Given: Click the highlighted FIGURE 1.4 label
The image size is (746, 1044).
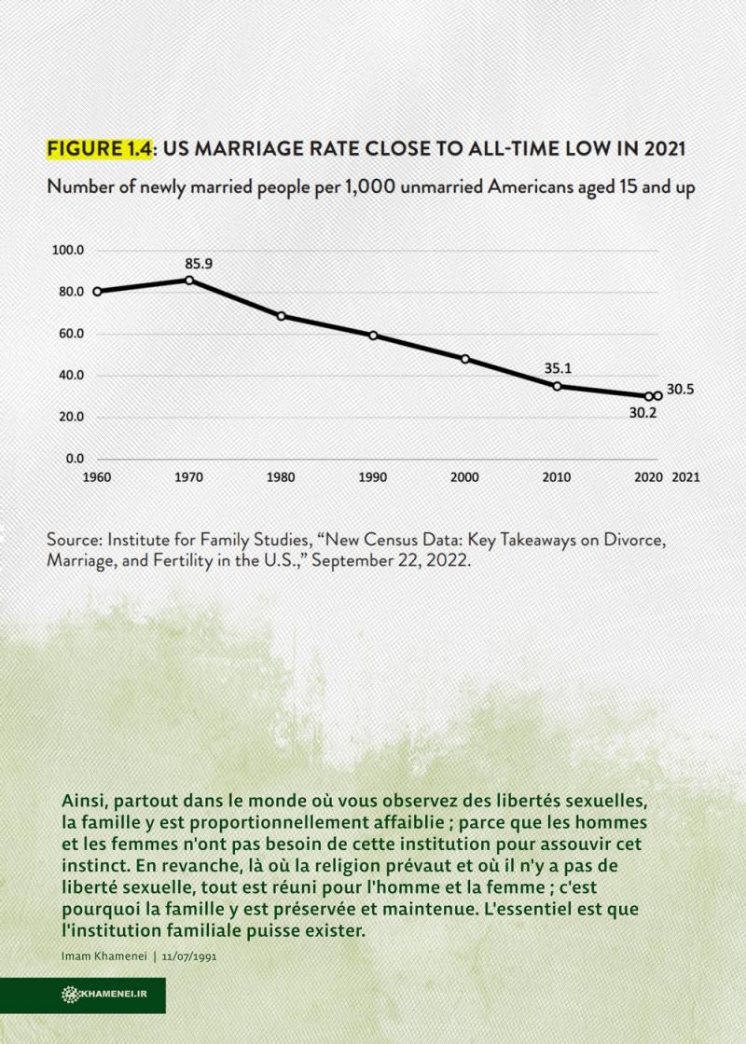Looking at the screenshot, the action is [x=100, y=148].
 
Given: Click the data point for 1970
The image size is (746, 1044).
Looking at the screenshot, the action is [x=189, y=281].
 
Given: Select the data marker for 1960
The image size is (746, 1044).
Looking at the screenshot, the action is [x=97, y=292].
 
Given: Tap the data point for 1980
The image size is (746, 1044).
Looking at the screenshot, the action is [x=281, y=316].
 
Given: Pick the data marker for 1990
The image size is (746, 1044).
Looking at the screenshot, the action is [x=373, y=336].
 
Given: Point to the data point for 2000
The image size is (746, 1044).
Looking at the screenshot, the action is [x=465, y=359].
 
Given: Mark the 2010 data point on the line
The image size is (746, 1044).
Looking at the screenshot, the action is [x=557, y=386].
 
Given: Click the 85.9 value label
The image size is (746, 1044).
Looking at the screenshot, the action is [x=199, y=264].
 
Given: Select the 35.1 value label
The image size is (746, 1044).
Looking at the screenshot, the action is [x=558, y=368].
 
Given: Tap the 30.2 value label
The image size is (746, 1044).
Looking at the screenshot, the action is [x=642, y=413].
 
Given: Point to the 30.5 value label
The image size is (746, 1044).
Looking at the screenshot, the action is [x=680, y=390].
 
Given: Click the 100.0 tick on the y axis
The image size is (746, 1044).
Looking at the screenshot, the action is [x=68, y=251].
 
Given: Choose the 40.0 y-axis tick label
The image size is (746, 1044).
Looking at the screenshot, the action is [x=71, y=376].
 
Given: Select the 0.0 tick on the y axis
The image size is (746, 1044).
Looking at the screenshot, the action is [x=75, y=459].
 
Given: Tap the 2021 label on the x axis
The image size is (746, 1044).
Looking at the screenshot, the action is [x=686, y=477].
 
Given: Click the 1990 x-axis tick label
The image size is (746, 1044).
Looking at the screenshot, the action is [x=373, y=477].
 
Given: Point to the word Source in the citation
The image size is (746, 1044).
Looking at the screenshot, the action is [x=74, y=539].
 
